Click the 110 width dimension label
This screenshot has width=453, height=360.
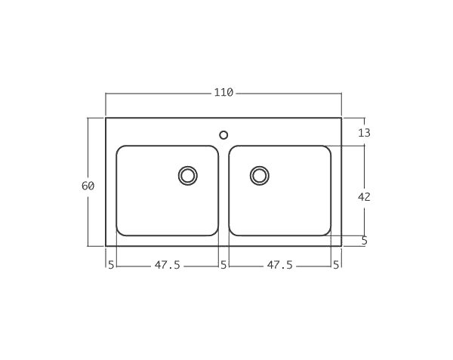pyautogui.click(x=223, y=93)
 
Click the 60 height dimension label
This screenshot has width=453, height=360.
pyautogui.click(x=88, y=186)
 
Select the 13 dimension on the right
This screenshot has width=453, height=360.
pyautogui.click(x=364, y=133)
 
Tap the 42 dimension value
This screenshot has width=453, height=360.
pyautogui.click(x=364, y=196)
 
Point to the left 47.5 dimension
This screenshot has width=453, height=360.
pyautogui.click(x=167, y=265)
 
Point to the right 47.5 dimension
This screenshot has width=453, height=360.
pyautogui.click(x=279, y=265)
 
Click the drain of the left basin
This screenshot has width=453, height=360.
pyautogui.click(x=187, y=176)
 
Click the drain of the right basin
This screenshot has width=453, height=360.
pyautogui.click(x=259, y=176)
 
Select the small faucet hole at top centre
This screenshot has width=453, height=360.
pyautogui.click(x=223, y=135)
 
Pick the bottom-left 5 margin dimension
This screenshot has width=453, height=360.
pyautogui.click(x=111, y=265)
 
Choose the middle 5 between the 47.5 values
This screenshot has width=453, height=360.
pyautogui.click(x=223, y=265)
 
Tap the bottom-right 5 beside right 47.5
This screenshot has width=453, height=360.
pyautogui.click(x=336, y=265)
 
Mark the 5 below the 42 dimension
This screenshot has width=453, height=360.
pyautogui.click(x=364, y=241)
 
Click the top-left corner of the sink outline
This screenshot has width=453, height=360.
pyautogui.click(x=106, y=118)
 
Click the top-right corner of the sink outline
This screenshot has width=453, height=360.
pyautogui.click(x=341, y=118)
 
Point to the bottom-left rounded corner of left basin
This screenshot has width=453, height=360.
pyautogui.click(x=119, y=232)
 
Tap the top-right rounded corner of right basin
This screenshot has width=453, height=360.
pyautogui.click(x=328, y=149)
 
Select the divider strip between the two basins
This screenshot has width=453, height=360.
pyautogui.click(x=223, y=192)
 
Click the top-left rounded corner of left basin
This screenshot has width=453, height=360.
pyautogui.click(x=119, y=149)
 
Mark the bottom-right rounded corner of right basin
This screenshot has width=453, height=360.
pyautogui.click(x=328, y=232)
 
